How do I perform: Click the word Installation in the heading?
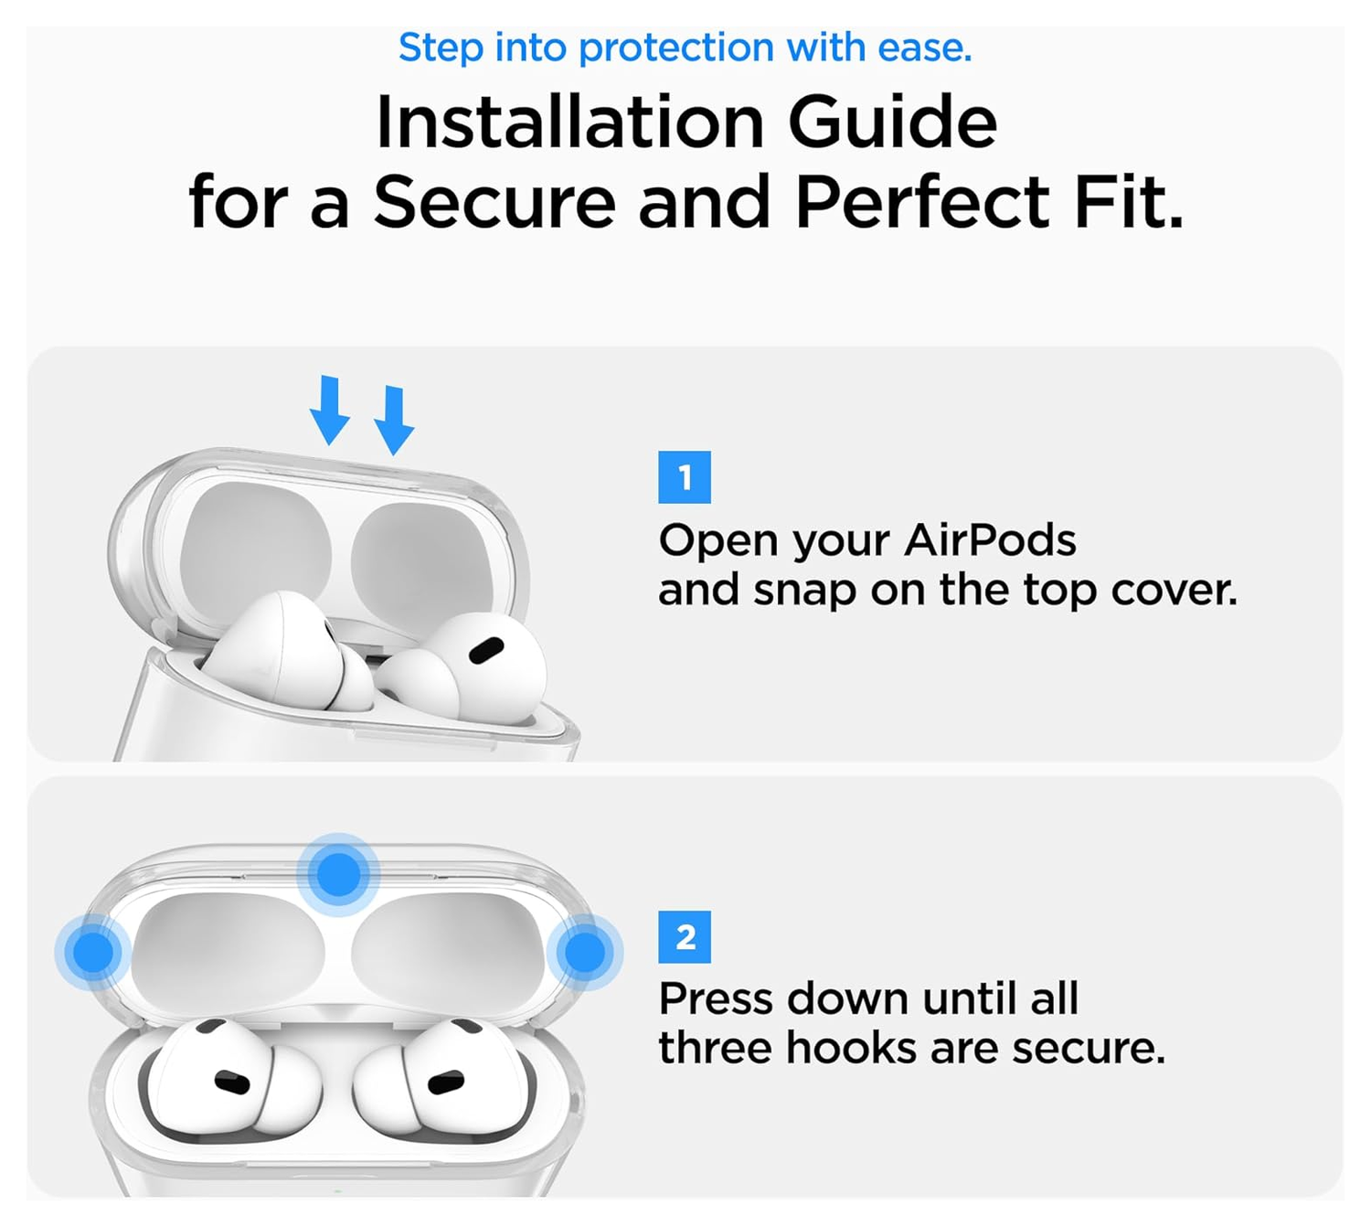coord(569,123)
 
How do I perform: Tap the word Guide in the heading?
coord(892,123)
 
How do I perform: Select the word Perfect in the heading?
coord(922,202)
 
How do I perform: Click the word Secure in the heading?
coord(494,202)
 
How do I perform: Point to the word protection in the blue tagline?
coord(676,48)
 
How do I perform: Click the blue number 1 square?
coord(685,477)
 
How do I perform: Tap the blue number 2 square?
coord(685,937)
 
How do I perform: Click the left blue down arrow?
coord(329,411)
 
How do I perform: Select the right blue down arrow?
coord(394,421)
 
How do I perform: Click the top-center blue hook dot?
coord(338,874)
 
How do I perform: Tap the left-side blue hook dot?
coord(92,952)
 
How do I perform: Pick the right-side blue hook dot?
coord(585,952)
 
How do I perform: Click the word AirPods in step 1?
coord(990,540)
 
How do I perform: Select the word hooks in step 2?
coord(853,1048)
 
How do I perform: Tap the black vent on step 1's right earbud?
coord(485,651)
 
